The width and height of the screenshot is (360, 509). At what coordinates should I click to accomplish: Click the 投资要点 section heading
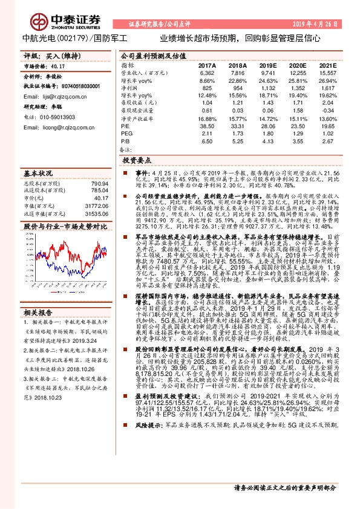pos(137,161)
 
